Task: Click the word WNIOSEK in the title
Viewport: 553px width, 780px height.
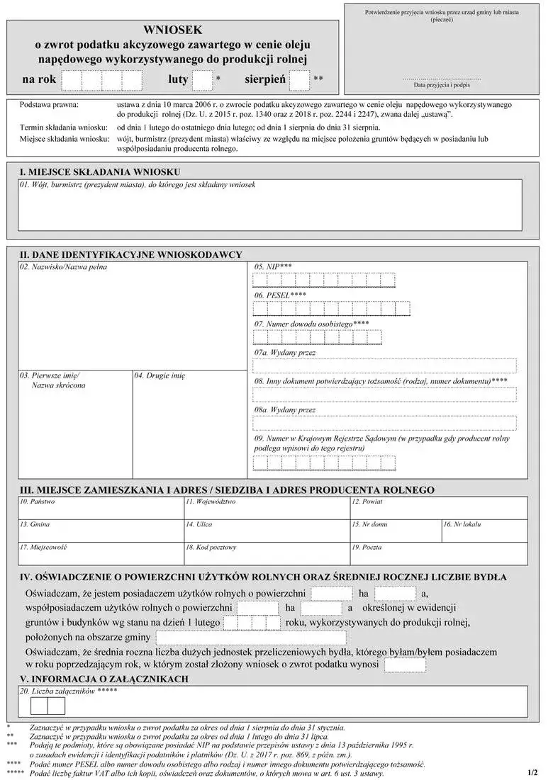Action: pyautogui.click(x=173, y=30)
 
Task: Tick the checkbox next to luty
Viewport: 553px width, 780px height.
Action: pyautogui.click(x=203, y=80)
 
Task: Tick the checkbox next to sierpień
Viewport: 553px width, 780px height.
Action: pyautogui.click(x=300, y=80)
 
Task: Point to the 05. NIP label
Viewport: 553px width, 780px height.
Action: pyautogui.click(x=273, y=267)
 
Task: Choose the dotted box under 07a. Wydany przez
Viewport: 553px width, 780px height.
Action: pyautogui.click(x=384, y=366)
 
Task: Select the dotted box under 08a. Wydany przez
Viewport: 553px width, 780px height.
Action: pyautogui.click(x=384, y=423)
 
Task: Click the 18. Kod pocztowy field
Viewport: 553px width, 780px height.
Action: pyautogui.click(x=265, y=553)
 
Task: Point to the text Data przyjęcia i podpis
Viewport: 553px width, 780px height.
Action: pyautogui.click(x=441, y=84)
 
